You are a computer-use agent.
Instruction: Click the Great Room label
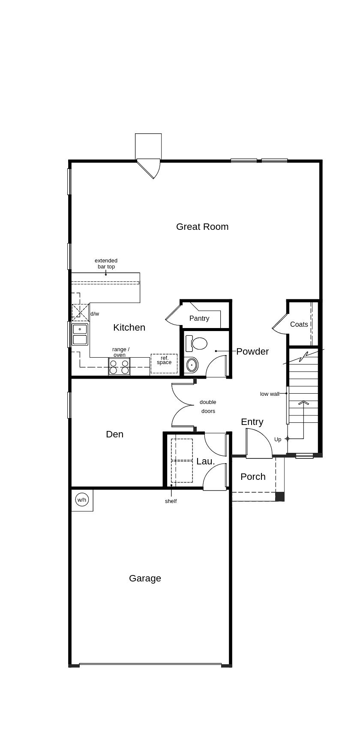click(x=202, y=226)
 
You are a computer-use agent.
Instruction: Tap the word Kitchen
click(x=129, y=327)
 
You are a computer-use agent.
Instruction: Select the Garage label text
click(x=145, y=578)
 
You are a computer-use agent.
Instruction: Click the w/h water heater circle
click(x=82, y=500)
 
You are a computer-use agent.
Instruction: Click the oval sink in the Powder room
click(x=192, y=365)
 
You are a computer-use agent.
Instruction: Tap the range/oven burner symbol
click(x=119, y=367)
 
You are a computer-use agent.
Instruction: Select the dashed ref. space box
click(x=164, y=363)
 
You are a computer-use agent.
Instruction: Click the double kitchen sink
click(x=80, y=334)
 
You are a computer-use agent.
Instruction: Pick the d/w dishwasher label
click(x=95, y=313)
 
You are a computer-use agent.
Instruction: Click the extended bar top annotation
click(x=106, y=263)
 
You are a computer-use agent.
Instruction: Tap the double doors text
click(x=208, y=407)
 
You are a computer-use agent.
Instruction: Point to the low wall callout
click(x=270, y=394)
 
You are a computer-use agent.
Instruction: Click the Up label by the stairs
click(x=278, y=439)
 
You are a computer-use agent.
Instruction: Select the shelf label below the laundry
click(x=171, y=501)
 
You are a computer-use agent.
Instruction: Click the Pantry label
click(x=199, y=318)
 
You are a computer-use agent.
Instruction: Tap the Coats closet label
click(x=299, y=324)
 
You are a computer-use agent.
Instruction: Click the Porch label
click(x=253, y=476)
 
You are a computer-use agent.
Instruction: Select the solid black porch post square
click(x=280, y=497)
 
